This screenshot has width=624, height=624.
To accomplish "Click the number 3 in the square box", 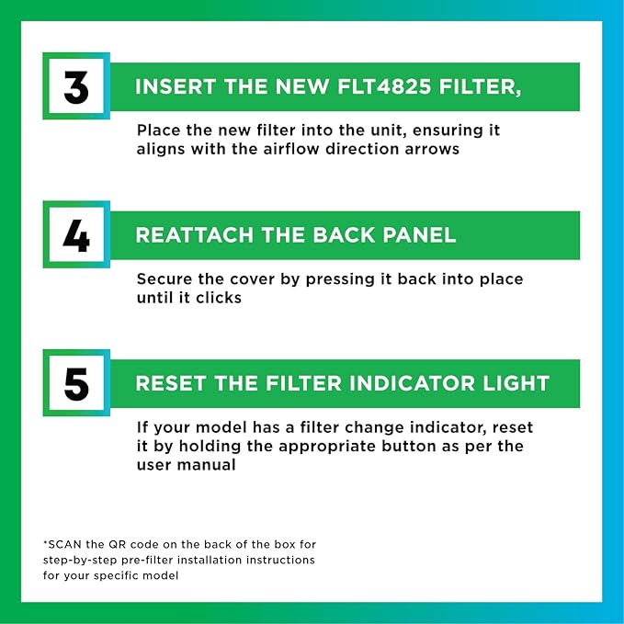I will [76, 86].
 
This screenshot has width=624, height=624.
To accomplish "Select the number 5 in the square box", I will [76, 384].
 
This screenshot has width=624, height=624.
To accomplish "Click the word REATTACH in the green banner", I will [191, 235].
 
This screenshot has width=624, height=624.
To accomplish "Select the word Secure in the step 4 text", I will [163, 279].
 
